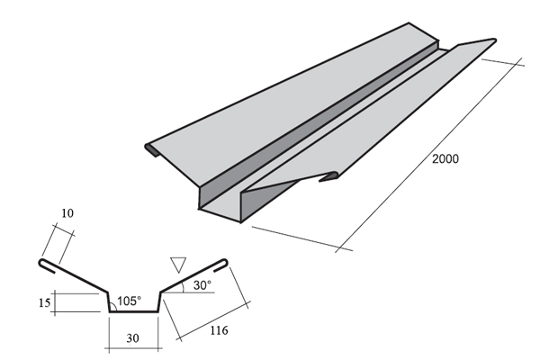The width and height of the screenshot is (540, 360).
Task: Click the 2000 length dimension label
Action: click(445, 158)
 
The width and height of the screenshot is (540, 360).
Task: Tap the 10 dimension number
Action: click(67, 213)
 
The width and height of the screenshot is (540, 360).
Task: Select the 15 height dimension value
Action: click(44, 302)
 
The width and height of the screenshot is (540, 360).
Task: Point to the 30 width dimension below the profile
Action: click(132, 338)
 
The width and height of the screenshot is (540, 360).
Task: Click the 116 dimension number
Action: click(219, 330)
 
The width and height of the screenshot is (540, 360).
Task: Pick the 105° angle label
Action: click(129, 301)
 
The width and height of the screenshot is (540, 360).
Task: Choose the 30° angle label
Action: click(202, 285)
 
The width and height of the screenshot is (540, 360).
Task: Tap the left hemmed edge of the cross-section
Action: click(47, 265)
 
